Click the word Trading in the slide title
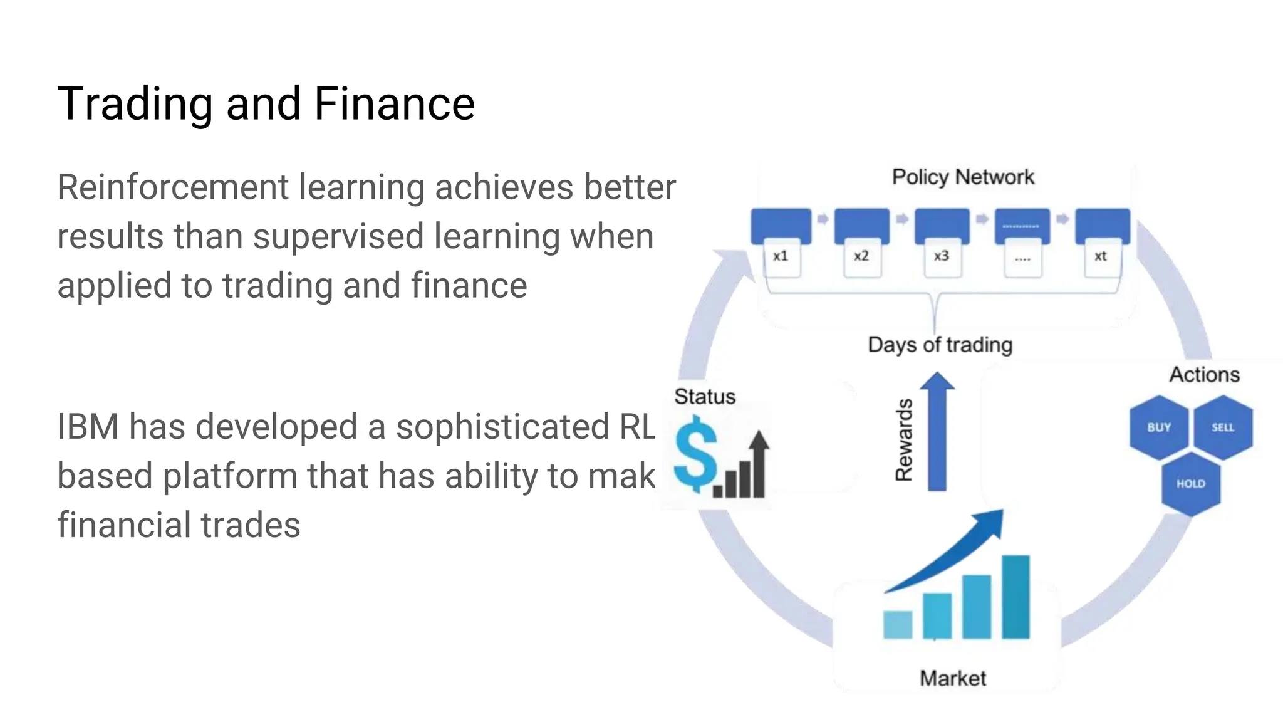pos(135,104)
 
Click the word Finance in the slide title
pos(394,104)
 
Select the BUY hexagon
pos(1158,427)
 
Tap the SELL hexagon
pos(1222,427)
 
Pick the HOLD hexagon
pos(1190,484)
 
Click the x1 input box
pos(781,257)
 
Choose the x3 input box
pos(942,257)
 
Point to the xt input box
pos(1101,257)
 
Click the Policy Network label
pos(963,177)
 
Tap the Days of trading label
pos(940,345)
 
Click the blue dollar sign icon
pos(695,456)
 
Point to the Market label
pos(952,678)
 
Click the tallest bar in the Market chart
pos(1015,597)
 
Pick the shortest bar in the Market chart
pos(897,624)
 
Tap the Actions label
pos(1204,375)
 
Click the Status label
pos(705,397)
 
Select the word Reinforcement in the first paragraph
pos(173,187)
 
